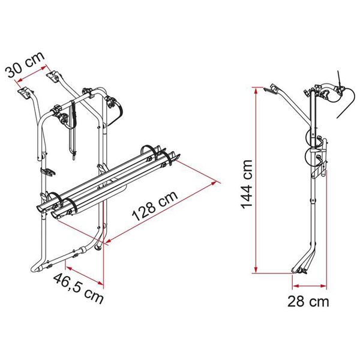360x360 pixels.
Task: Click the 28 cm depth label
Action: point(307,302)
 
